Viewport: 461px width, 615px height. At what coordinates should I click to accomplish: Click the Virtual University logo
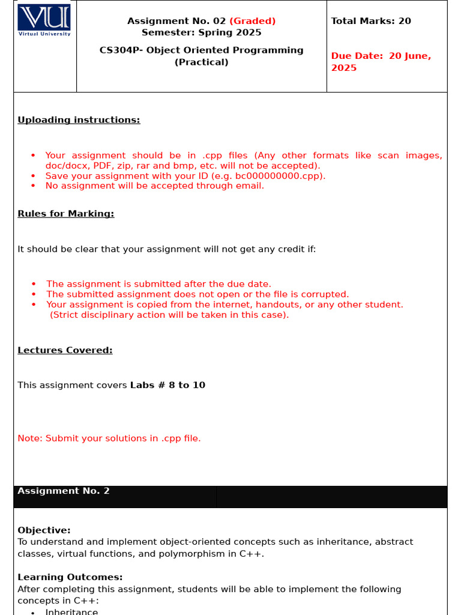tap(44, 20)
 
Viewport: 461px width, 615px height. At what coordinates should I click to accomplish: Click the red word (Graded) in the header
tap(252, 21)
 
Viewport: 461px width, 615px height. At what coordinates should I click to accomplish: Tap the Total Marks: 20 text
tap(371, 21)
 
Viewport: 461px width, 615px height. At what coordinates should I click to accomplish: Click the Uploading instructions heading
tap(79, 120)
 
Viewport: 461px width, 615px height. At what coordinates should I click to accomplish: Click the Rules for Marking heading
tap(65, 214)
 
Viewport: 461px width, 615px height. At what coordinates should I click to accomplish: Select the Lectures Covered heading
tap(65, 350)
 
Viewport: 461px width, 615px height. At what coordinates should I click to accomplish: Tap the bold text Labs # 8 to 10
tap(167, 386)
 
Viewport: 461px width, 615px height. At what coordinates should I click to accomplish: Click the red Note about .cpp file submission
tap(109, 438)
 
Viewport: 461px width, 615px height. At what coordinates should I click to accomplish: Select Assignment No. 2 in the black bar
tap(64, 491)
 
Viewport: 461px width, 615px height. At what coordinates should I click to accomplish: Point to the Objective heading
tap(44, 530)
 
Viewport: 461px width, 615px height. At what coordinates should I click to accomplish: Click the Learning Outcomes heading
tap(70, 577)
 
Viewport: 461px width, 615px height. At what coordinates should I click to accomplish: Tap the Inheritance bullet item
tap(71, 611)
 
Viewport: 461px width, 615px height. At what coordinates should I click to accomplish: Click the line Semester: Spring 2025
tap(201, 32)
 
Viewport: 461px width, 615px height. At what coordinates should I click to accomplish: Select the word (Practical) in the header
tap(201, 62)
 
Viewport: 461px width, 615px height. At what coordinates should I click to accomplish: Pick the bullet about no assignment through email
tap(154, 186)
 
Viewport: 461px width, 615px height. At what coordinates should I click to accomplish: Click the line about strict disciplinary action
tap(169, 315)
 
